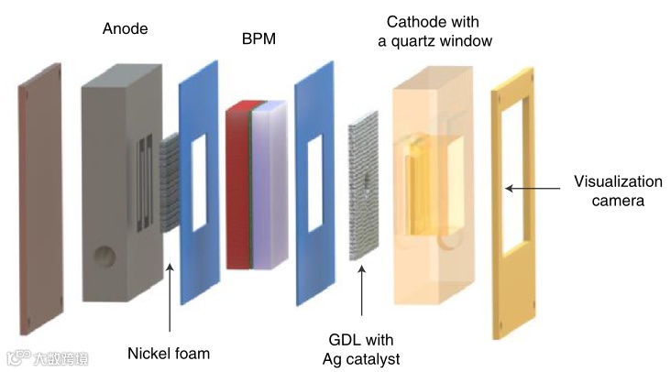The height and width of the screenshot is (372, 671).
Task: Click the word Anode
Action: click(126, 29)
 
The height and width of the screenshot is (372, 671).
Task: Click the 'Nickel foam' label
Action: click(169, 353)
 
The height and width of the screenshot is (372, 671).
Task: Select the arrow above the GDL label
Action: click(363, 293)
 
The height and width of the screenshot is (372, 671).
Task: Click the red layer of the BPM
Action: click(236, 188)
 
